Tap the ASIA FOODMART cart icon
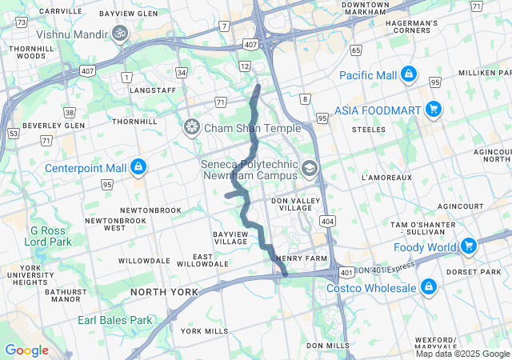(433, 108)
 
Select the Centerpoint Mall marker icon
(138, 167)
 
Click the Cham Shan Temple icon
(191, 127)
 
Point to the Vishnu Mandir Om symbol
(120, 34)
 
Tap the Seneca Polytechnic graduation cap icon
(310, 168)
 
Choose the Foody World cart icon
(470, 246)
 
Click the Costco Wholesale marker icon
(429, 287)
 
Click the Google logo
(26, 350)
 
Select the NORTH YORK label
(164, 293)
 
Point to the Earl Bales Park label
(114, 320)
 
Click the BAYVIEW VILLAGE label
(231, 237)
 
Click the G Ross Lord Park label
(50, 235)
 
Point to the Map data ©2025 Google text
(462, 354)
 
